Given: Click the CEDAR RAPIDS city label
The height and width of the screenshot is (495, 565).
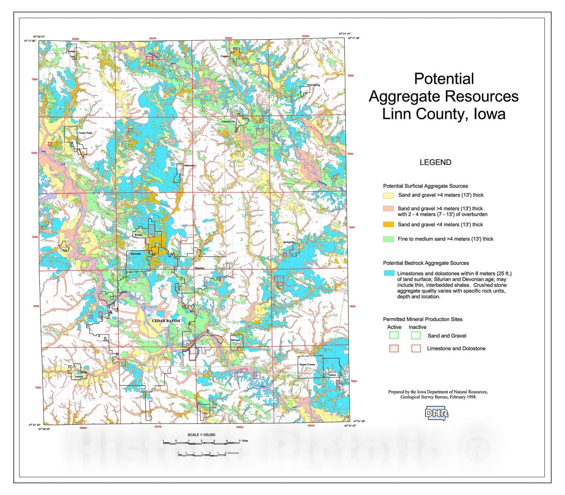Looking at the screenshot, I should [166, 321].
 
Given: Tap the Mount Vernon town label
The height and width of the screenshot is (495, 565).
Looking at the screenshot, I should [307, 364].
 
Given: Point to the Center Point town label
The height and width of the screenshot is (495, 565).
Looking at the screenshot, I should [85, 133].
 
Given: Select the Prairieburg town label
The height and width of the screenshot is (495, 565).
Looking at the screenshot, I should [314, 85].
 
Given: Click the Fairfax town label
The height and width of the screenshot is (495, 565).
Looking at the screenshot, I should [79, 377].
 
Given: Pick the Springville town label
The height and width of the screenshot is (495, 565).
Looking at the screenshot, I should [289, 242].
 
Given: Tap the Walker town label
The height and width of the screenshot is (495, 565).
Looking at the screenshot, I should [71, 52].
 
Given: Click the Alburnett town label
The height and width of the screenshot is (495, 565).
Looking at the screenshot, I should [189, 165].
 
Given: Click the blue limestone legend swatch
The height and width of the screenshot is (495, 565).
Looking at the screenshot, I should [389, 273].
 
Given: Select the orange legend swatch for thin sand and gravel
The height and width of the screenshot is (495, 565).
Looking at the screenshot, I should [388, 225].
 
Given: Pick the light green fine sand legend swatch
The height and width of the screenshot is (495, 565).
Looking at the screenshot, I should [388, 239].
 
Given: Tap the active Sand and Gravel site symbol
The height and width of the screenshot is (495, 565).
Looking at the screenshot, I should [394, 335].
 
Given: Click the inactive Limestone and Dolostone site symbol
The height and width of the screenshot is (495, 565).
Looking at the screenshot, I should [416, 348].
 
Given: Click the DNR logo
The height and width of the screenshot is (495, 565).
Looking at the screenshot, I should [436, 413].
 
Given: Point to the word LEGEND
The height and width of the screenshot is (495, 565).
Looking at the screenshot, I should [435, 162].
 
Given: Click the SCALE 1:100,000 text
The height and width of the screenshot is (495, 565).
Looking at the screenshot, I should [201, 435].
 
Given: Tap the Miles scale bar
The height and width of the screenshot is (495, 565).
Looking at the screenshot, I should [201, 441].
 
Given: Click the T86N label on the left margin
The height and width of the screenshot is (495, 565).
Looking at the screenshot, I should [35, 79].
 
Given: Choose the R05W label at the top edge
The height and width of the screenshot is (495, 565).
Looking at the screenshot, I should [305, 36].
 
